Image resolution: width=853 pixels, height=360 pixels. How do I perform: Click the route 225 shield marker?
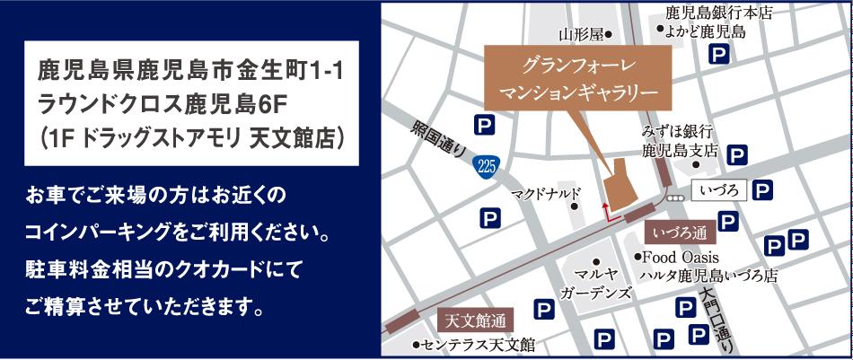[x=487, y=166]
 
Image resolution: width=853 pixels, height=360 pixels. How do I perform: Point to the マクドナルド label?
[x=547, y=192]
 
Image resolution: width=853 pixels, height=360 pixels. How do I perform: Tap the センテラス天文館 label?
[x=477, y=344]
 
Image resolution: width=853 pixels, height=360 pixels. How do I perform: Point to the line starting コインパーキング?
[x=179, y=233]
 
